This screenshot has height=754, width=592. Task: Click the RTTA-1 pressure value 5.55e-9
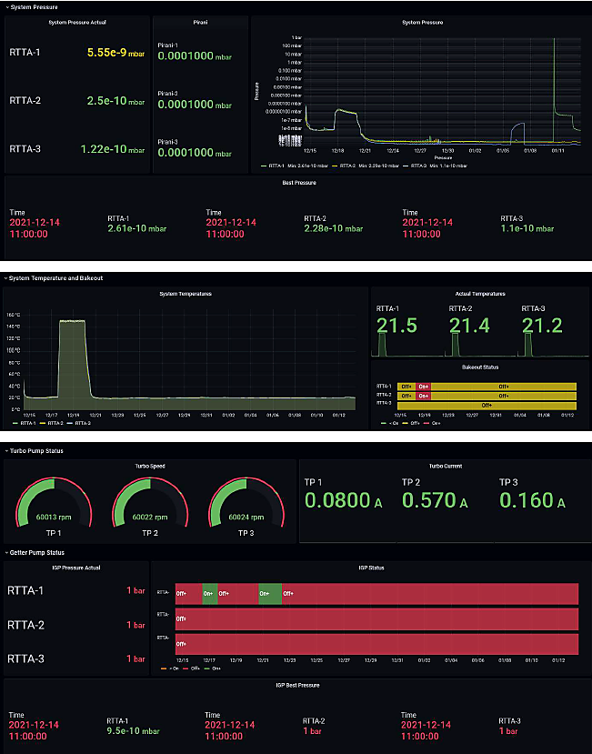[106, 53]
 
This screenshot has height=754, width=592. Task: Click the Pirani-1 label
[171, 43]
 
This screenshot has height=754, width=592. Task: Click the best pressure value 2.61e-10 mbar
[131, 228]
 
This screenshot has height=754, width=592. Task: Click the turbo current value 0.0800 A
[336, 500]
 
